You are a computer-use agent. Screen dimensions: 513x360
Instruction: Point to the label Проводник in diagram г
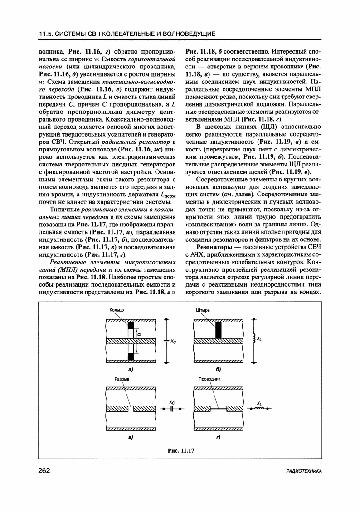coord(209,379)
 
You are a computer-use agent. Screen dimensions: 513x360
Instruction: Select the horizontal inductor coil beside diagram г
coord(259,408)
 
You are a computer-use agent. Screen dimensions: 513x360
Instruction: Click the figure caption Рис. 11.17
coord(180,450)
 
